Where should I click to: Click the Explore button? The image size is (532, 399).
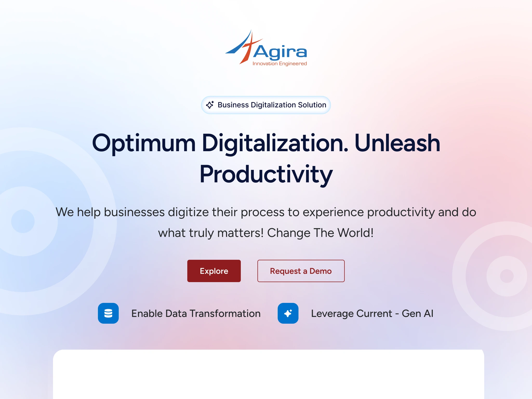click(214, 271)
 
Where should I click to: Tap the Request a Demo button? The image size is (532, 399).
click(301, 271)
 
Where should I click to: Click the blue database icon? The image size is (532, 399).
click(108, 313)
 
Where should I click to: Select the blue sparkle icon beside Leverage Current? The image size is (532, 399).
click(288, 313)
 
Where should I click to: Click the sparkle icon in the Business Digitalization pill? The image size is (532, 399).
click(210, 105)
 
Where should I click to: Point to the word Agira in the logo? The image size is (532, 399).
click(280, 52)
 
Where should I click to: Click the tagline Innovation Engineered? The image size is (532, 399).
click(280, 64)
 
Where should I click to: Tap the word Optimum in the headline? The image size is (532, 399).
click(144, 143)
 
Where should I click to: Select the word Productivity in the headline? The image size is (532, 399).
click(266, 175)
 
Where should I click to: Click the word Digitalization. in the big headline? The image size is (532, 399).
click(275, 143)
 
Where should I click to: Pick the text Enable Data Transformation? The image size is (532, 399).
click(196, 314)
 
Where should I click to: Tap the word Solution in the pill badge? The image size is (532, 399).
click(312, 105)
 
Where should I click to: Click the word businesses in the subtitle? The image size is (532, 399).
click(134, 212)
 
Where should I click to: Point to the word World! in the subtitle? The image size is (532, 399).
click(355, 233)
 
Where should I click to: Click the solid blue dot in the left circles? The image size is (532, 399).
click(23, 221)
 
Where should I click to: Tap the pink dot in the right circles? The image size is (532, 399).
click(507, 276)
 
